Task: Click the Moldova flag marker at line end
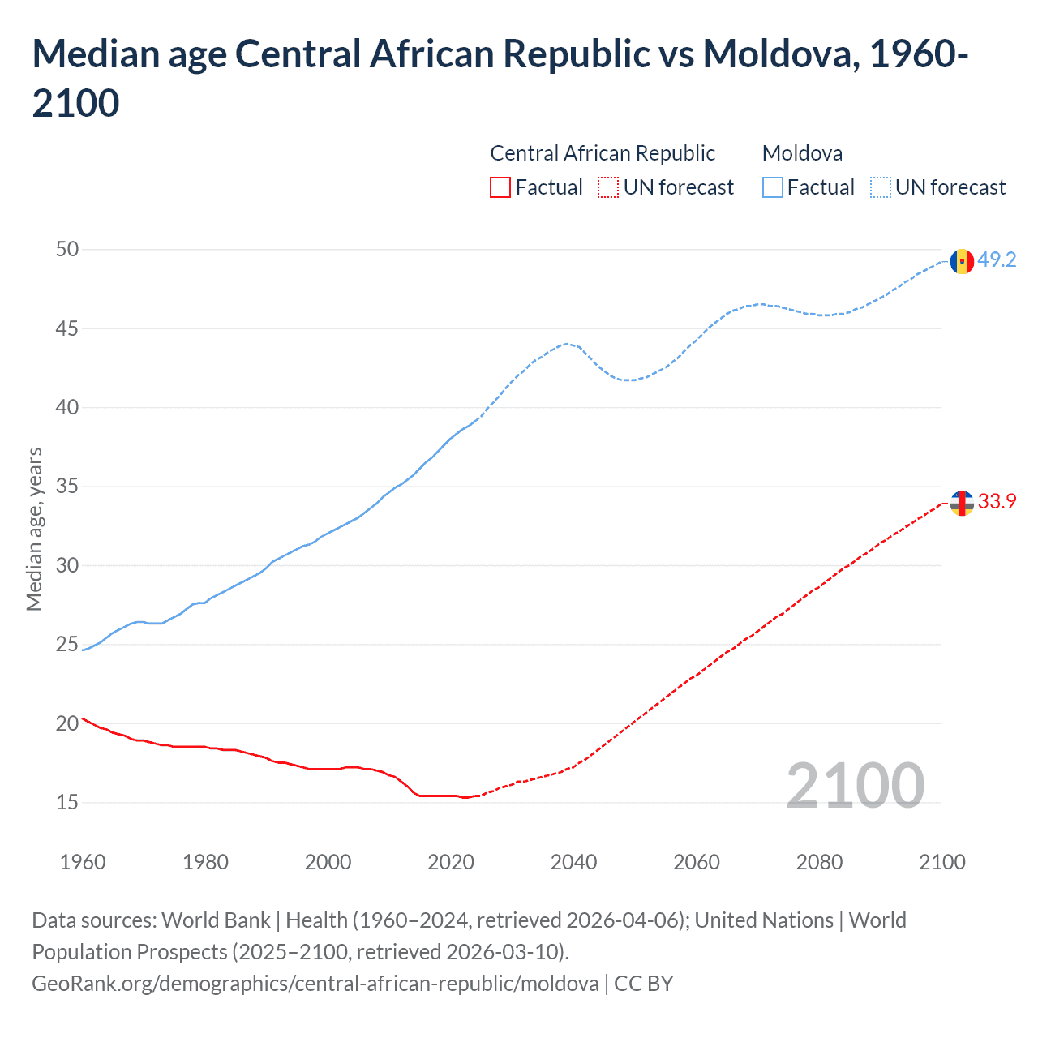point(962,261)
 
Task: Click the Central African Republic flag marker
point(962,503)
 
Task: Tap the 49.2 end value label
point(997,260)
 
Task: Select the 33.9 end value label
point(997,502)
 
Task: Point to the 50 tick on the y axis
point(67,249)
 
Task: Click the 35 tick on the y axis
point(67,487)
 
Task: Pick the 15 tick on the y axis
point(67,802)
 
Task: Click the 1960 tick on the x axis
point(83,862)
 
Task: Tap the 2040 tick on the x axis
point(573,862)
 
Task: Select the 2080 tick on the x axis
point(819,862)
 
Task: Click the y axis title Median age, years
point(34,529)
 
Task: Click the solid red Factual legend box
point(500,188)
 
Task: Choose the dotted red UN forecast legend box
point(608,188)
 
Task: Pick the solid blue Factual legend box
point(773,188)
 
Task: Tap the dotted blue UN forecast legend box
point(880,188)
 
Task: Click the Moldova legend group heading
point(802,153)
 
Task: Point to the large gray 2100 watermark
point(855,785)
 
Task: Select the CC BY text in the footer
point(644,984)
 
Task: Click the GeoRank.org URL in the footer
point(315,984)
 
